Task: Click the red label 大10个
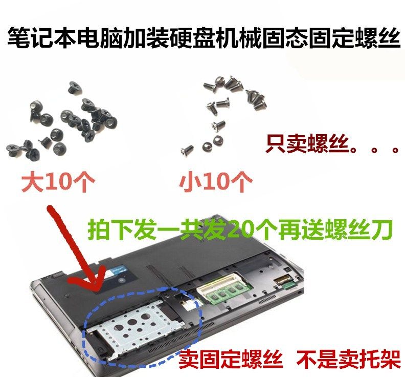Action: pyautogui.click(x=57, y=182)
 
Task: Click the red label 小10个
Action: pyautogui.click(x=216, y=182)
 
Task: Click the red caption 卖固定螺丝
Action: pyautogui.click(x=230, y=361)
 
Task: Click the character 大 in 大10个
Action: pyautogui.click(x=32, y=182)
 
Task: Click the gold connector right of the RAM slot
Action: pyautogui.click(x=282, y=281)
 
